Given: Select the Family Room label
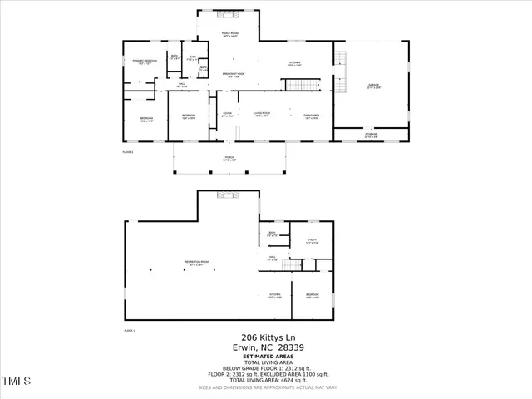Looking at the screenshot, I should (x=229, y=34).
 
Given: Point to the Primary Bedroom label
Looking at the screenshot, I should (x=145, y=61).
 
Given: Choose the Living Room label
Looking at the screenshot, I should (x=263, y=115).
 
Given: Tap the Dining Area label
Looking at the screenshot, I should (x=311, y=115).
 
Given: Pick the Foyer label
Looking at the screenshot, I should (x=227, y=115).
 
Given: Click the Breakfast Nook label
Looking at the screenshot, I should (x=232, y=75).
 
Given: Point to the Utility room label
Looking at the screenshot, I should (x=313, y=242).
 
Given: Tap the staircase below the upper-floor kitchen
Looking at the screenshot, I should (x=302, y=85).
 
